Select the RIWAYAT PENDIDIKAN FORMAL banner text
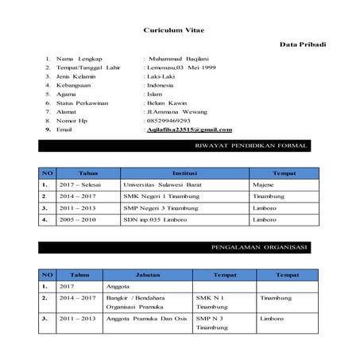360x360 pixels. coord(250,146)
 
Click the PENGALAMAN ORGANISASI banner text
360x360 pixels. coord(260,248)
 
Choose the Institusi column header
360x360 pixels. coord(185,172)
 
